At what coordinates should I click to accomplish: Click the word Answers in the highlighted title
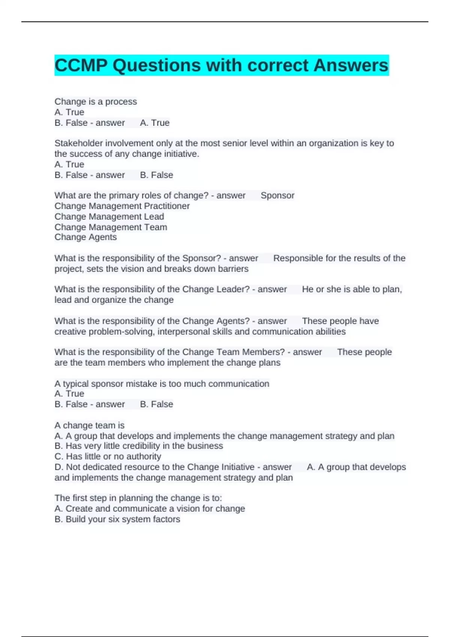coord(351,66)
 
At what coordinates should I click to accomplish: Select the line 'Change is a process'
coord(96,102)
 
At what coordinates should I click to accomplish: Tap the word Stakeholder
coord(78,143)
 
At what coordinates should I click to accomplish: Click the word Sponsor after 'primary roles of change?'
coord(277,195)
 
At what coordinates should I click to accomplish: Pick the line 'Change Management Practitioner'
coord(122,206)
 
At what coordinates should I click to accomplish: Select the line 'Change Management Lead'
coord(109,216)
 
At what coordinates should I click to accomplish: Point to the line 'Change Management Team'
coord(111,227)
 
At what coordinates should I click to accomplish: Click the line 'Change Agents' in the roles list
coord(85,237)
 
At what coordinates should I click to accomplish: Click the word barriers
coord(233,269)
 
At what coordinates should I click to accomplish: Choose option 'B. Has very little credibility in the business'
coord(139,446)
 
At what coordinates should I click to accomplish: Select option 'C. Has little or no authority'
coord(108,456)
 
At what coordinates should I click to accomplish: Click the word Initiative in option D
coord(233,467)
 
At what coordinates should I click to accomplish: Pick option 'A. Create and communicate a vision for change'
coord(150,508)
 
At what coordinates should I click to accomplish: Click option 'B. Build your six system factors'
coord(117,519)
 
